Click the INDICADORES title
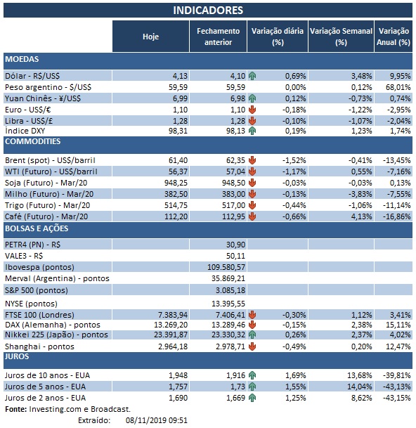click(x=208, y=10)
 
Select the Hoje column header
click(x=150, y=36)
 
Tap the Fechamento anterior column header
click(x=219, y=36)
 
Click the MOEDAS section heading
click(x=22, y=60)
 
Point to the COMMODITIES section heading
click(x=32, y=141)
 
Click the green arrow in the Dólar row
click(x=252, y=74)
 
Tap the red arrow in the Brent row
click(x=252, y=161)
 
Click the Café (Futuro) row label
click(x=50, y=217)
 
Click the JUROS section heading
click(x=18, y=357)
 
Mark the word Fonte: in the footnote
click(x=17, y=408)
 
